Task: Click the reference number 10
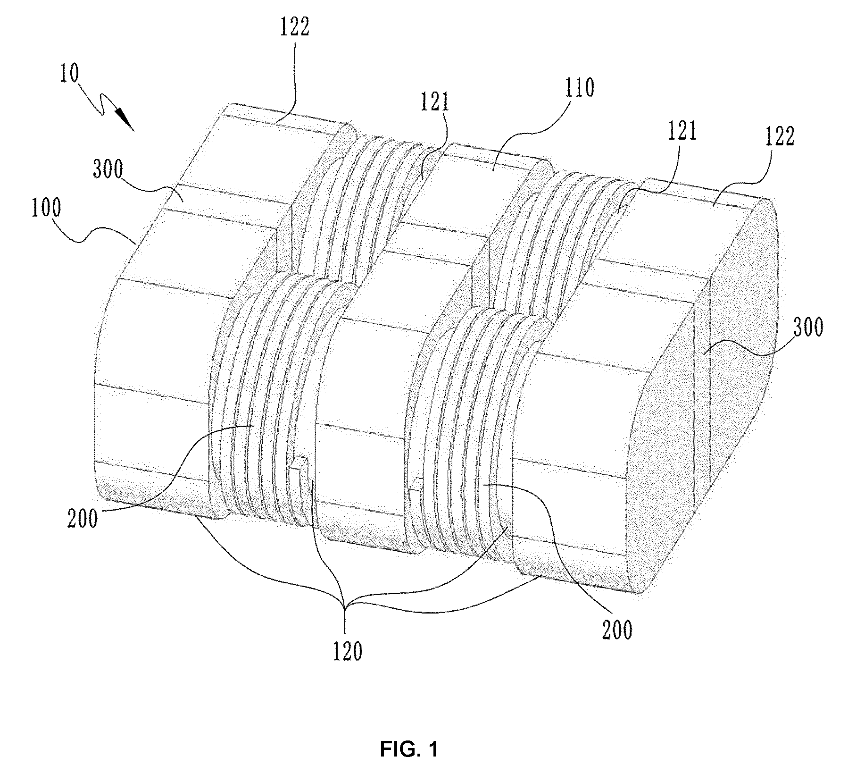click(70, 75)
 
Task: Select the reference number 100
click(46, 209)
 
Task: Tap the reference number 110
click(579, 88)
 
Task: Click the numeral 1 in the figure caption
click(432, 750)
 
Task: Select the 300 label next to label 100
click(108, 169)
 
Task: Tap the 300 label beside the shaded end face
click(808, 327)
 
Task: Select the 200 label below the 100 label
click(83, 518)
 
